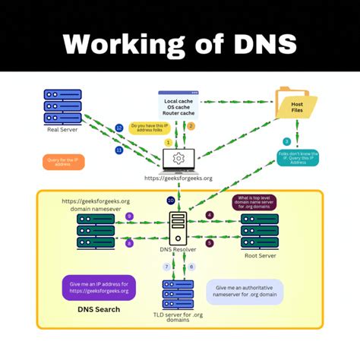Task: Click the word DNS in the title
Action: [258, 43]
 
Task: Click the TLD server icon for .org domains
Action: [178, 293]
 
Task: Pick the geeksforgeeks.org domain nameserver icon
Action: [96, 230]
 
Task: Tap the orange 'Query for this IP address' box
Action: [65, 162]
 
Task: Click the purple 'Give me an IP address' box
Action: [99, 286]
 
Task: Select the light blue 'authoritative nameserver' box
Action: [245, 292]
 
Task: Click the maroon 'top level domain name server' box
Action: [254, 203]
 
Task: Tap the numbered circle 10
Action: [171, 201]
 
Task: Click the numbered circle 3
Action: [286, 141]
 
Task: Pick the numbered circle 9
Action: [129, 216]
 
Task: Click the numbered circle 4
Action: [210, 215]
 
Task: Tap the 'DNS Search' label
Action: [98, 309]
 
